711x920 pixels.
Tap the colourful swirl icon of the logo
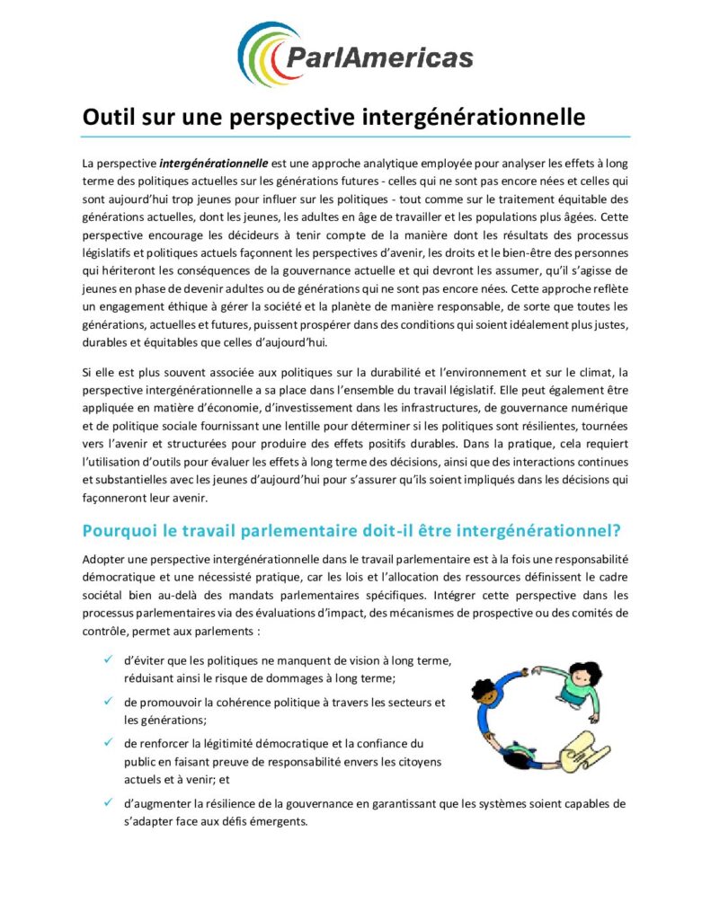point(261,54)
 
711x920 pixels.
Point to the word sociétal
point(105,595)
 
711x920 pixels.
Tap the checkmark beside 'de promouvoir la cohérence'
point(108,701)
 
